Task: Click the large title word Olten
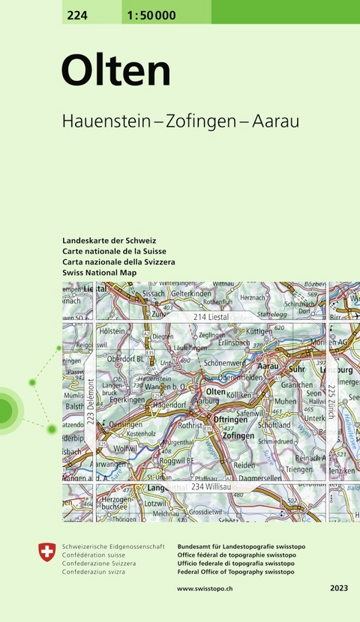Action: pos(116,72)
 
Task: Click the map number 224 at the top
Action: pos(76,10)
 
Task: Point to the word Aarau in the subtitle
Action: pos(275,122)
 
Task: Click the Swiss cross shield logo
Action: pos(46,553)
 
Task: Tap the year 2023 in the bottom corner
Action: pos(338,589)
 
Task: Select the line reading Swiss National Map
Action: pos(100,273)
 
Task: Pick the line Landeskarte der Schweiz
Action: pos(109,240)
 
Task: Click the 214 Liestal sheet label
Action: pos(210,318)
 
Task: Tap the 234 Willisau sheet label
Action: pos(211,487)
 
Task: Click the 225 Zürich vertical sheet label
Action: pos(331,401)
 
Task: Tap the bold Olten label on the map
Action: pos(215,391)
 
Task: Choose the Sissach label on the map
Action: pos(153,295)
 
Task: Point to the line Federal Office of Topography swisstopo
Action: pos(236,572)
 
